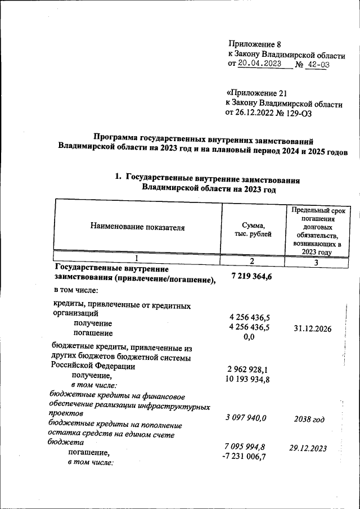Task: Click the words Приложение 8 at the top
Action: click(x=254, y=44)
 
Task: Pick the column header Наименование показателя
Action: click(x=137, y=227)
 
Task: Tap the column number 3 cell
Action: click(x=316, y=262)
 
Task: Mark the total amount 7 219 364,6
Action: click(x=252, y=274)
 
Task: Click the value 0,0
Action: click(x=249, y=337)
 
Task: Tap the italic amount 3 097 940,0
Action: click(x=245, y=417)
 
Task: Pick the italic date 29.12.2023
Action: click(x=308, y=449)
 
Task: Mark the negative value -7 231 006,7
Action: click(x=244, y=456)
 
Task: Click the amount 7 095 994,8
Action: click(x=245, y=447)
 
